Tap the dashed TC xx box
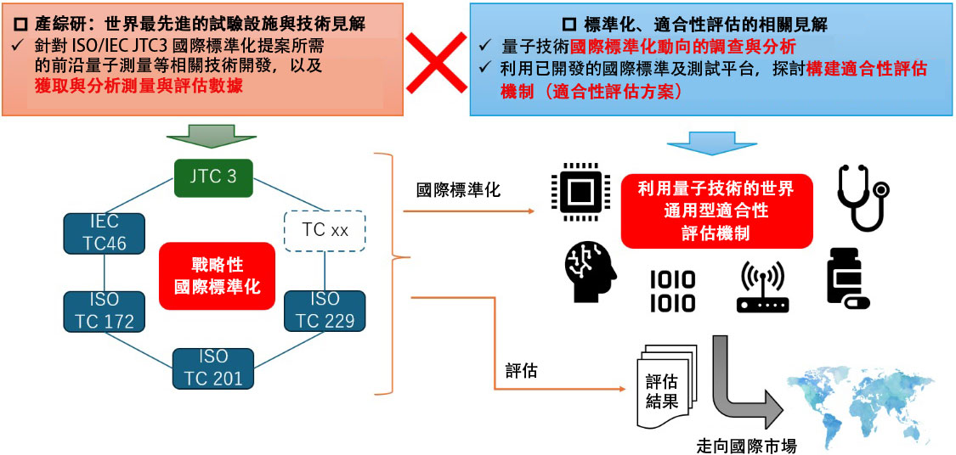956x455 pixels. click(325, 230)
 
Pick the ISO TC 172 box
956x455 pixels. click(103, 310)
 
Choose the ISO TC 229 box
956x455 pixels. click(325, 310)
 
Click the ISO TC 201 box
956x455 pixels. click(213, 368)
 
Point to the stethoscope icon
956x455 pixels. click(862, 198)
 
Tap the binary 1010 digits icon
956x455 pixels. click(672, 291)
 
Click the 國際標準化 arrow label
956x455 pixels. click(458, 190)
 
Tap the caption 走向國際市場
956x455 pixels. click(745, 444)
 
